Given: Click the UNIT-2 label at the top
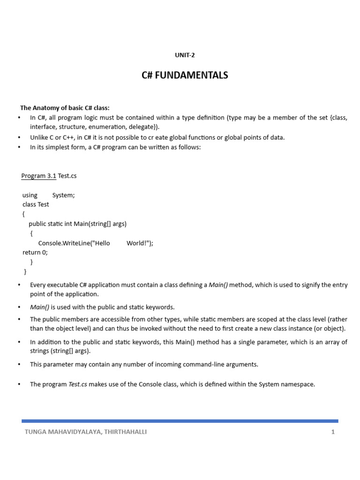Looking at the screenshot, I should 185,55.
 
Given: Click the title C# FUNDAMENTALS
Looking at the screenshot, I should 185,75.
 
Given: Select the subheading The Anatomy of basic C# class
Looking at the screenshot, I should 65,108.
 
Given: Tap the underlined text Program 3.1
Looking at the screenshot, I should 38,176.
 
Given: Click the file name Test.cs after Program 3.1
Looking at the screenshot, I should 67,176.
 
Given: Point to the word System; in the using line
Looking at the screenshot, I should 63,195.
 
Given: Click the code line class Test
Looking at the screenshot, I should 36,204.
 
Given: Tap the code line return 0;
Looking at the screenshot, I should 35,252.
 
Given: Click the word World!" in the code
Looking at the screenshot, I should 140,243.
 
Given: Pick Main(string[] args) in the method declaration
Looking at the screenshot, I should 100,224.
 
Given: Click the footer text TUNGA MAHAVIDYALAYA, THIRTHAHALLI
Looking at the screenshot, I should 86,432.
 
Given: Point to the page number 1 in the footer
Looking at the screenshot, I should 333,432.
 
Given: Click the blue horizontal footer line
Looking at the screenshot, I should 180,421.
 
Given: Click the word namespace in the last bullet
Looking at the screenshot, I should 299,384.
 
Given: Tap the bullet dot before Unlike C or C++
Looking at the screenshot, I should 19,137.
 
